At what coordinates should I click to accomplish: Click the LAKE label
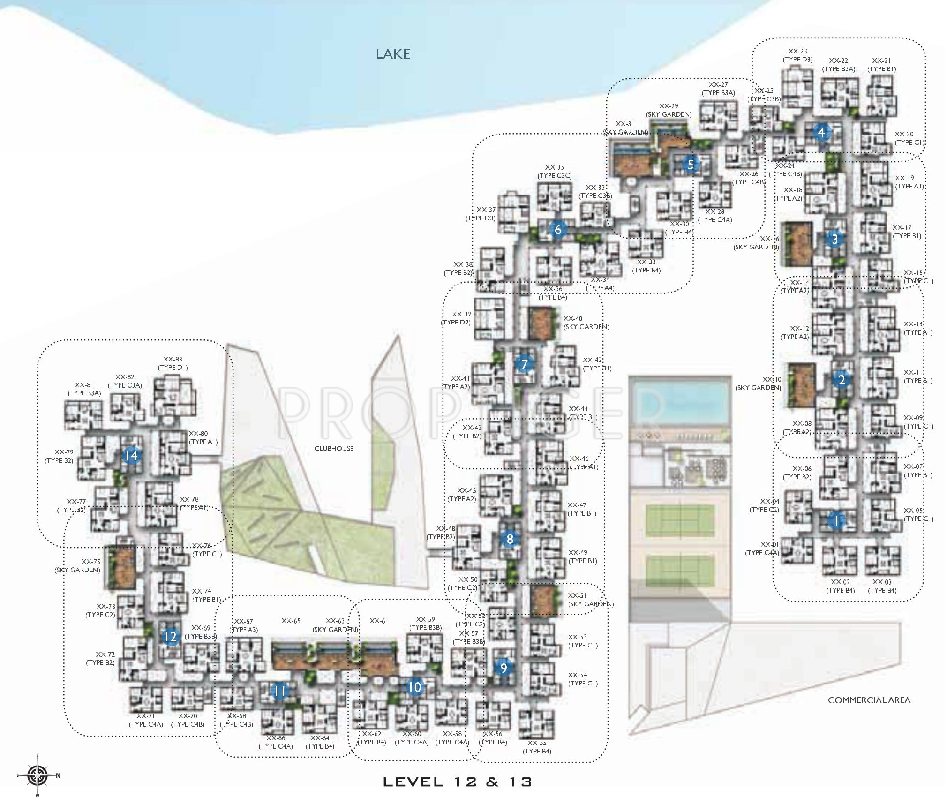(x=393, y=54)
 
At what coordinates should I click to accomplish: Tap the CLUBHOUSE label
(x=334, y=448)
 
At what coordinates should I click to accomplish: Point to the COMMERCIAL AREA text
(x=869, y=700)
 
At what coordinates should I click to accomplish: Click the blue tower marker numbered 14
(x=132, y=455)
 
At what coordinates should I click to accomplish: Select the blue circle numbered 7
(x=524, y=364)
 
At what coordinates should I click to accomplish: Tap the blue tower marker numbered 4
(x=821, y=133)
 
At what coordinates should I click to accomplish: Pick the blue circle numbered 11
(x=279, y=691)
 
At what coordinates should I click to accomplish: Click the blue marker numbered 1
(x=835, y=521)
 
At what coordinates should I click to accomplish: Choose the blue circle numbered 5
(x=690, y=164)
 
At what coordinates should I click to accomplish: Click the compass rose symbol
(x=38, y=775)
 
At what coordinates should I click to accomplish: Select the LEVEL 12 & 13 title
(x=458, y=782)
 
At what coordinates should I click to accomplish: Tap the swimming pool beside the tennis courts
(x=679, y=402)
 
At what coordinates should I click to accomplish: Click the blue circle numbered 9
(x=504, y=667)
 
